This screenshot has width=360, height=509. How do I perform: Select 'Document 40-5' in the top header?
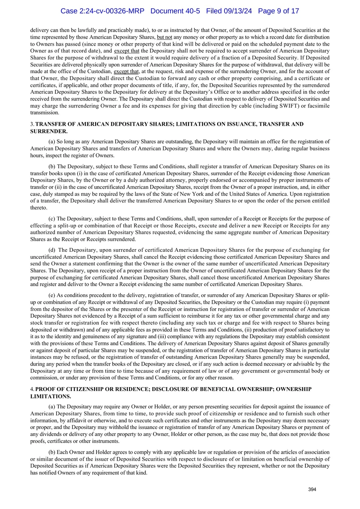click(x=175, y=11)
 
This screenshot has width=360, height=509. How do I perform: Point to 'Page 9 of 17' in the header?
click(x=278, y=11)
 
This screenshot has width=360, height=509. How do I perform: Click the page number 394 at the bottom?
click(x=312, y=490)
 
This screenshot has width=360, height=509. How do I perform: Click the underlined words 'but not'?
click(x=165, y=37)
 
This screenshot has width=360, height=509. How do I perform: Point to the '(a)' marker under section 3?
click(x=52, y=142)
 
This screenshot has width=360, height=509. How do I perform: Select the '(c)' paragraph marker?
click(x=52, y=219)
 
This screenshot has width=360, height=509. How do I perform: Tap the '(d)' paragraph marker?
click(x=52, y=250)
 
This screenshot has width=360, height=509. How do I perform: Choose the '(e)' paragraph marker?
click(x=52, y=295)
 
